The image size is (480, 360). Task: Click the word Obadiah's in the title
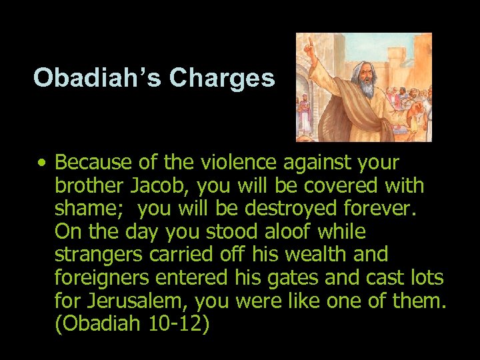98,79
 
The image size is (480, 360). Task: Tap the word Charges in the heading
221,79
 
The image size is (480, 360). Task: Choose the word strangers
97,255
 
